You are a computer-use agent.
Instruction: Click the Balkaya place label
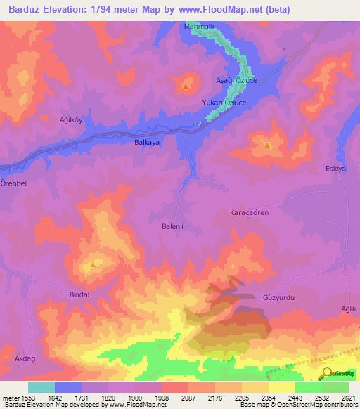(148, 141)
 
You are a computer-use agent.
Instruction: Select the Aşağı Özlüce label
(236, 82)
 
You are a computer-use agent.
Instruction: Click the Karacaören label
(250, 212)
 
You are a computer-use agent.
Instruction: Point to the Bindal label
(79, 294)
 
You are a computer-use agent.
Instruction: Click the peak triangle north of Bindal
(93, 266)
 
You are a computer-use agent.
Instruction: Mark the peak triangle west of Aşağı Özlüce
(185, 87)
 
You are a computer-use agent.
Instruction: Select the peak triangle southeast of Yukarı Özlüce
(267, 145)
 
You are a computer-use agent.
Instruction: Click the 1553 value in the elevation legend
(27, 398)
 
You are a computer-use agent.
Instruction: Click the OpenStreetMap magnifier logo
(327, 374)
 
